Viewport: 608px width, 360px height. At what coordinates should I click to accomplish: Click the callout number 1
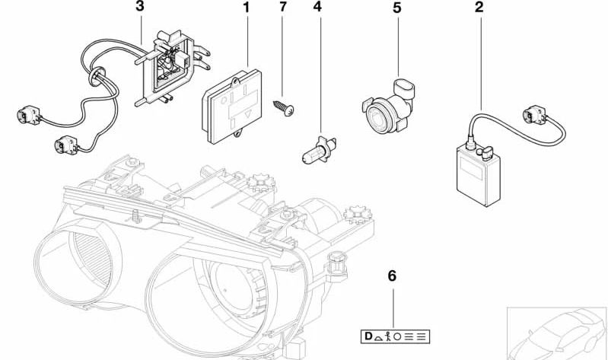(x=245, y=8)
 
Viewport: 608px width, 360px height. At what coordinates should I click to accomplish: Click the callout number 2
(x=479, y=8)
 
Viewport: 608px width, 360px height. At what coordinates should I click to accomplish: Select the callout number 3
(x=138, y=8)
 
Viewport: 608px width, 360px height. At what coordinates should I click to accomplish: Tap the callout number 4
(x=317, y=8)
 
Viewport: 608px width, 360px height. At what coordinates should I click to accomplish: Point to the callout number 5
(x=396, y=8)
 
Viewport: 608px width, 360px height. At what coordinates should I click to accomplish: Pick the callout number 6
(x=393, y=276)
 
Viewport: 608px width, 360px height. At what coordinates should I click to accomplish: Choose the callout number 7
(x=283, y=8)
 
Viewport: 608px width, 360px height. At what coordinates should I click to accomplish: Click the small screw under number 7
(x=284, y=109)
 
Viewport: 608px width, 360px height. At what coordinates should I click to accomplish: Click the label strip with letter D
(x=394, y=336)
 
